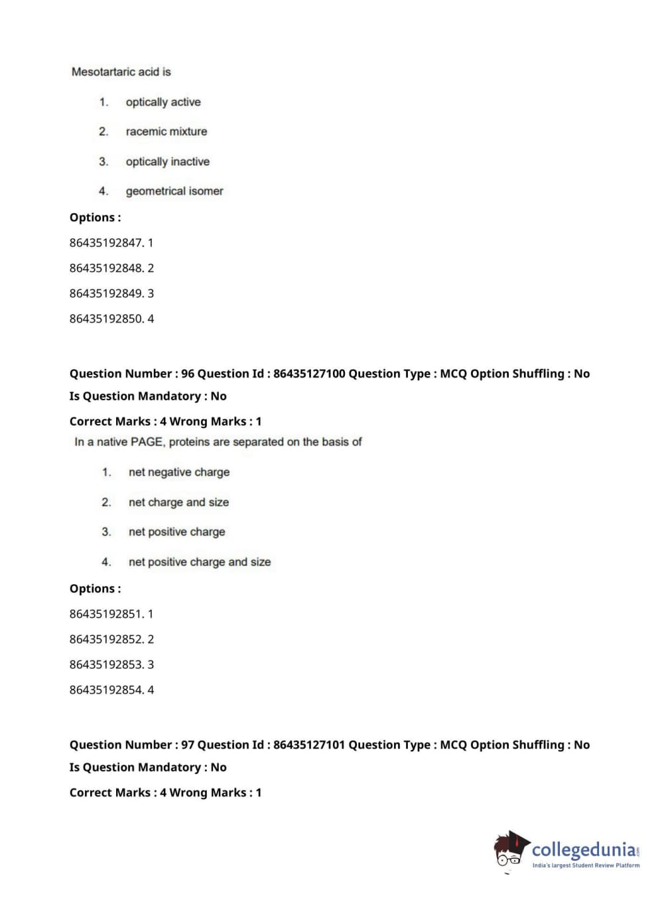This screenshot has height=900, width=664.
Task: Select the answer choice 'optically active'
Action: pos(163,102)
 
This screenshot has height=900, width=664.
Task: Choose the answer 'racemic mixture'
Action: pos(166,131)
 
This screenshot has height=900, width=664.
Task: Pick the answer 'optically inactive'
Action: pos(168,161)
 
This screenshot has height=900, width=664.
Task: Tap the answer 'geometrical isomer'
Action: pos(174,191)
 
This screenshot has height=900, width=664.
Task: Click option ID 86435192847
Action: pos(106,243)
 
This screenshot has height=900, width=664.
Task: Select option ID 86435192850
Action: pos(106,319)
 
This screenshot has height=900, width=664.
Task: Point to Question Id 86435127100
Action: pos(309,374)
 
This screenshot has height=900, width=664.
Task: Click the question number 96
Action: pos(188,374)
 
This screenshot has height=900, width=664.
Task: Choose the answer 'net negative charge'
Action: pos(179,472)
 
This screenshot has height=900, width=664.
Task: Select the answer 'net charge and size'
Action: pos(179,502)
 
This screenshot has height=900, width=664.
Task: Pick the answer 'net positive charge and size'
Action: pos(200,562)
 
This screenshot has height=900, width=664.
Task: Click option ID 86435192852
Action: pos(106,639)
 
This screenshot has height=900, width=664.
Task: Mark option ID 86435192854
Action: pos(106,690)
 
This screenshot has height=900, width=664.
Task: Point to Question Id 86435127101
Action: pos(309,745)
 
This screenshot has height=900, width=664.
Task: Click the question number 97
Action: pos(188,745)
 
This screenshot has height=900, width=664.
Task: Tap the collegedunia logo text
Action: pos(583,850)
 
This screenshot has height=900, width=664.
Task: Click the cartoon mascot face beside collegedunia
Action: pos(509,851)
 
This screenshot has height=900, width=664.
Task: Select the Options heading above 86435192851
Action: pos(95,589)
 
